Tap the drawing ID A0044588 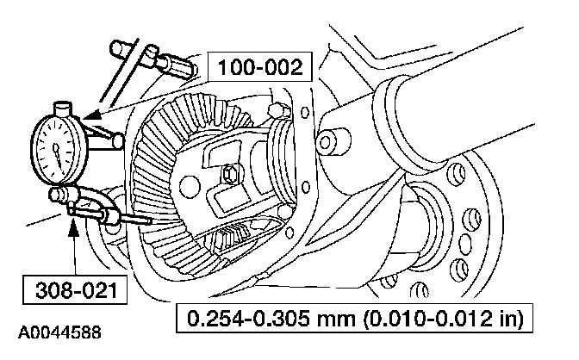(57, 331)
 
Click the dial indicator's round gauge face (57, 147)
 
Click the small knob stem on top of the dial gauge (64, 109)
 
